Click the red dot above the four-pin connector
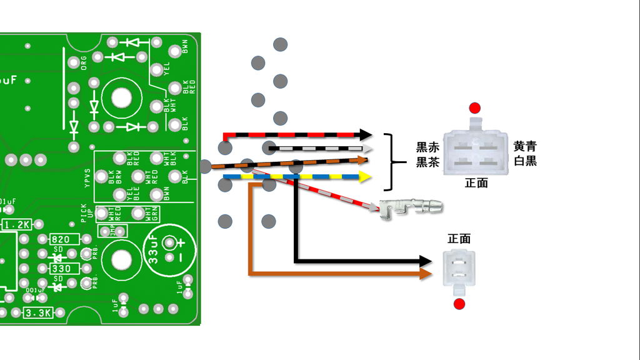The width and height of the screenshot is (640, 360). [x=476, y=107]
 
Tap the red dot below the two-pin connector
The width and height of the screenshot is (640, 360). [x=459, y=304]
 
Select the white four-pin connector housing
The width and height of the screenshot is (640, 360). [x=477, y=151]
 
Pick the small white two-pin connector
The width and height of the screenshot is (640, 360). [x=459, y=269]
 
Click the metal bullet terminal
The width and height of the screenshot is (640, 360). [x=412, y=207]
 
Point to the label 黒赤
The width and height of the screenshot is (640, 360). [x=427, y=147]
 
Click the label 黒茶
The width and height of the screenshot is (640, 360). [x=427, y=162]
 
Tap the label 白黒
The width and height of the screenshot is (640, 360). [x=525, y=161]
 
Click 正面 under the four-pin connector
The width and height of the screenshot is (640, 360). [x=476, y=183]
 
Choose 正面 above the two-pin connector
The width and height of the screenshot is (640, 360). [x=459, y=239]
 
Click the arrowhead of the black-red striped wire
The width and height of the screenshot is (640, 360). [x=366, y=135]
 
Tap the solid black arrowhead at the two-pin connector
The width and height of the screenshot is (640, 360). [x=426, y=261]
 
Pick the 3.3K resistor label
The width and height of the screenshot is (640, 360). [x=37, y=313]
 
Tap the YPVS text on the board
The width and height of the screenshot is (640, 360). [x=88, y=178]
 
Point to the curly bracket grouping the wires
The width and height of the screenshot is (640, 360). [x=392, y=162]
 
